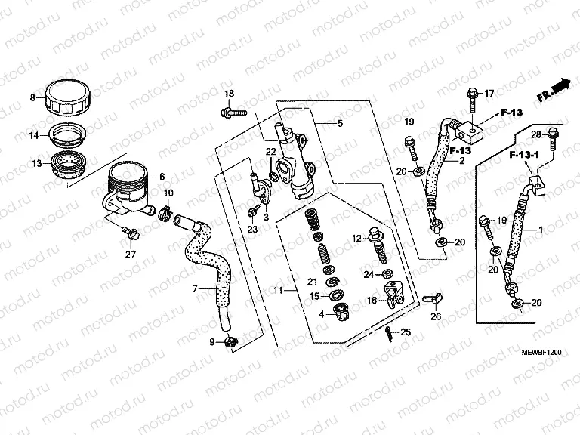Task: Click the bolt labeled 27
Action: tap(131, 234)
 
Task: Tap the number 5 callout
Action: tap(340, 123)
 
